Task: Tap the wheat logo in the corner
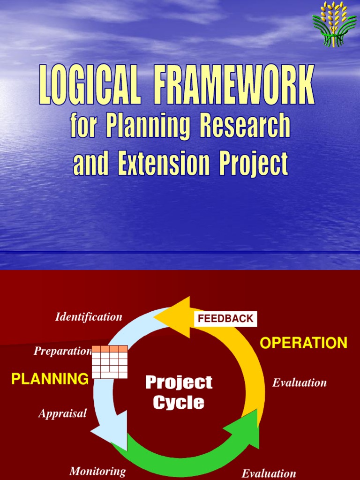click(334, 24)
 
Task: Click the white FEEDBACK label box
click(225, 319)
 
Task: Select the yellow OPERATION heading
click(303, 343)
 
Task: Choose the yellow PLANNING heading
click(50, 379)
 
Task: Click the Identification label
click(89, 317)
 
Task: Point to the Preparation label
click(62, 351)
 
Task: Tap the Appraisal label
click(62, 413)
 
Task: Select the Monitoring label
click(97, 471)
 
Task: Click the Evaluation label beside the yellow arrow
click(300, 382)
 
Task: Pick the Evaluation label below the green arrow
click(269, 473)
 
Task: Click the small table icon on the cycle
click(110, 362)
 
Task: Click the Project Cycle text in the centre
click(179, 392)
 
